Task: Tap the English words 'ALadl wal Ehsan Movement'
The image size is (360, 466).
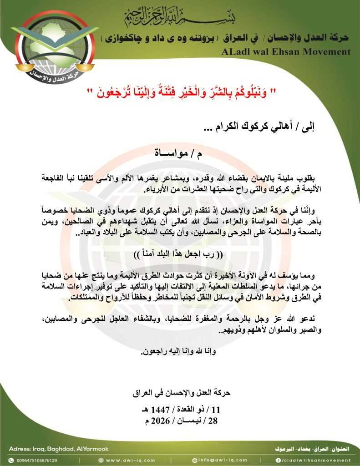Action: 286,52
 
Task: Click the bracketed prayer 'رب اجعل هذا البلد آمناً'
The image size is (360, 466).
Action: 179,253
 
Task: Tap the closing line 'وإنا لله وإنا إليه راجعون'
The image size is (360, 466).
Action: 179,364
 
